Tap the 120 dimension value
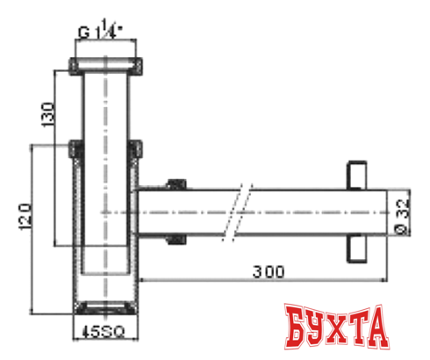click(x=25, y=215)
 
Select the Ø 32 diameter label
click(x=402, y=212)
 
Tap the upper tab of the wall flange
click(x=356, y=174)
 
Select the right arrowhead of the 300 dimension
click(x=384, y=280)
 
